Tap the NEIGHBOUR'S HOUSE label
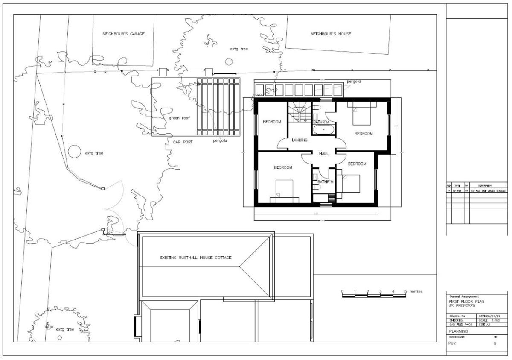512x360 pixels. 331,34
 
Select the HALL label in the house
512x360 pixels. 323,153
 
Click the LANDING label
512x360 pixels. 300,140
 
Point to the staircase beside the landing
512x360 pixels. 299,113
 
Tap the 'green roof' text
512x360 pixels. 179,118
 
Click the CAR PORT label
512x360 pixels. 183,142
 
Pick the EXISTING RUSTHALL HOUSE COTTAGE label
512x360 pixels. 196,258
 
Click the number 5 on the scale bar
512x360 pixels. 405,291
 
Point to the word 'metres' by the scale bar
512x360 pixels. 416,291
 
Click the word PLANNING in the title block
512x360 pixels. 458,331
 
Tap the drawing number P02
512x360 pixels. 452,343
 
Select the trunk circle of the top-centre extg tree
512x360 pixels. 229,62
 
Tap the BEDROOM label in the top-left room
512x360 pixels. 272,122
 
